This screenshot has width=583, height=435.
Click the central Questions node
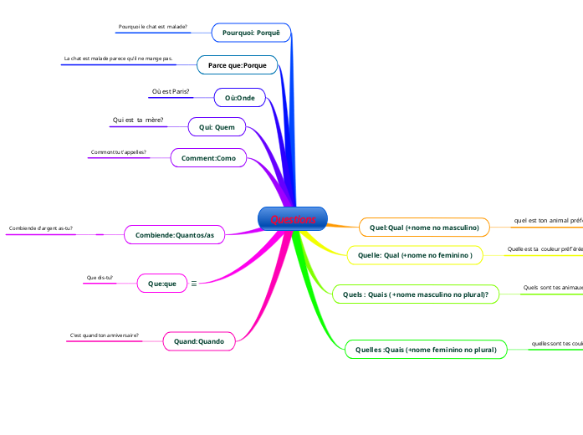click(x=293, y=219)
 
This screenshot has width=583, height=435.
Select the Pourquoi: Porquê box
click(x=251, y=33)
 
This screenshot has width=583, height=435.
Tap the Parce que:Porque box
click(x=237, y=64)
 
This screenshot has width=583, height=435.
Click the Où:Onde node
click(x=240, y=98)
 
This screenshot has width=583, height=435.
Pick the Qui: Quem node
click(x=217, y=127)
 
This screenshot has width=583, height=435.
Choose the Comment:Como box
click(x=208, y=157)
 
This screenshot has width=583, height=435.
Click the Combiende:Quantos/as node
click(x=174, y=235)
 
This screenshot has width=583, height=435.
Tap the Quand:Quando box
click(x=199, y=340)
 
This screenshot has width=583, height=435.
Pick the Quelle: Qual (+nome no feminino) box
click(x=415, y=254)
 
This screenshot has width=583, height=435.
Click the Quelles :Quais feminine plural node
click(x=426, y=350)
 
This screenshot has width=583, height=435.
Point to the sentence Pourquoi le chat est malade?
click(x=153, y=27)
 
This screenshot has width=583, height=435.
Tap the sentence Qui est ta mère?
click(x=137, y=120)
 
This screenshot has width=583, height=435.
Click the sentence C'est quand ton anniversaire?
click(x=105, y=335)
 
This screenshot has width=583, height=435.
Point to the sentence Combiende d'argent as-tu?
click(x=41, y=228)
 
